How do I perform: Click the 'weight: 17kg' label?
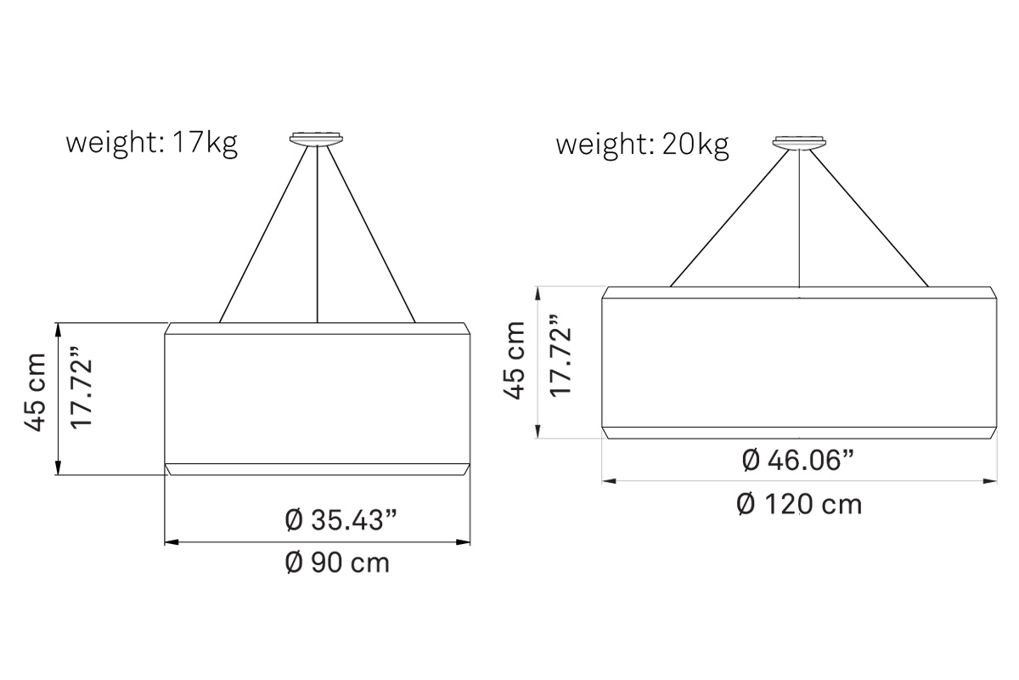tap(151, 143)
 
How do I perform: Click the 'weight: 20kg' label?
tap(642, 144)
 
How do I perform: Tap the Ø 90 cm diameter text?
tap(337, 563)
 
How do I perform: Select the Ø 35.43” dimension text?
tap(341, 520)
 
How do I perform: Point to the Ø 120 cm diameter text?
tap(799, 505)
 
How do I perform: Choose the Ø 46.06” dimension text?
tap(798, 460)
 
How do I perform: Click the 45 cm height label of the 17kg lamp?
tap(36, 393)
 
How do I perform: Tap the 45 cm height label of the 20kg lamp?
tap(515, 360)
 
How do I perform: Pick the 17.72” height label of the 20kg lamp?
tap(560, 355)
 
